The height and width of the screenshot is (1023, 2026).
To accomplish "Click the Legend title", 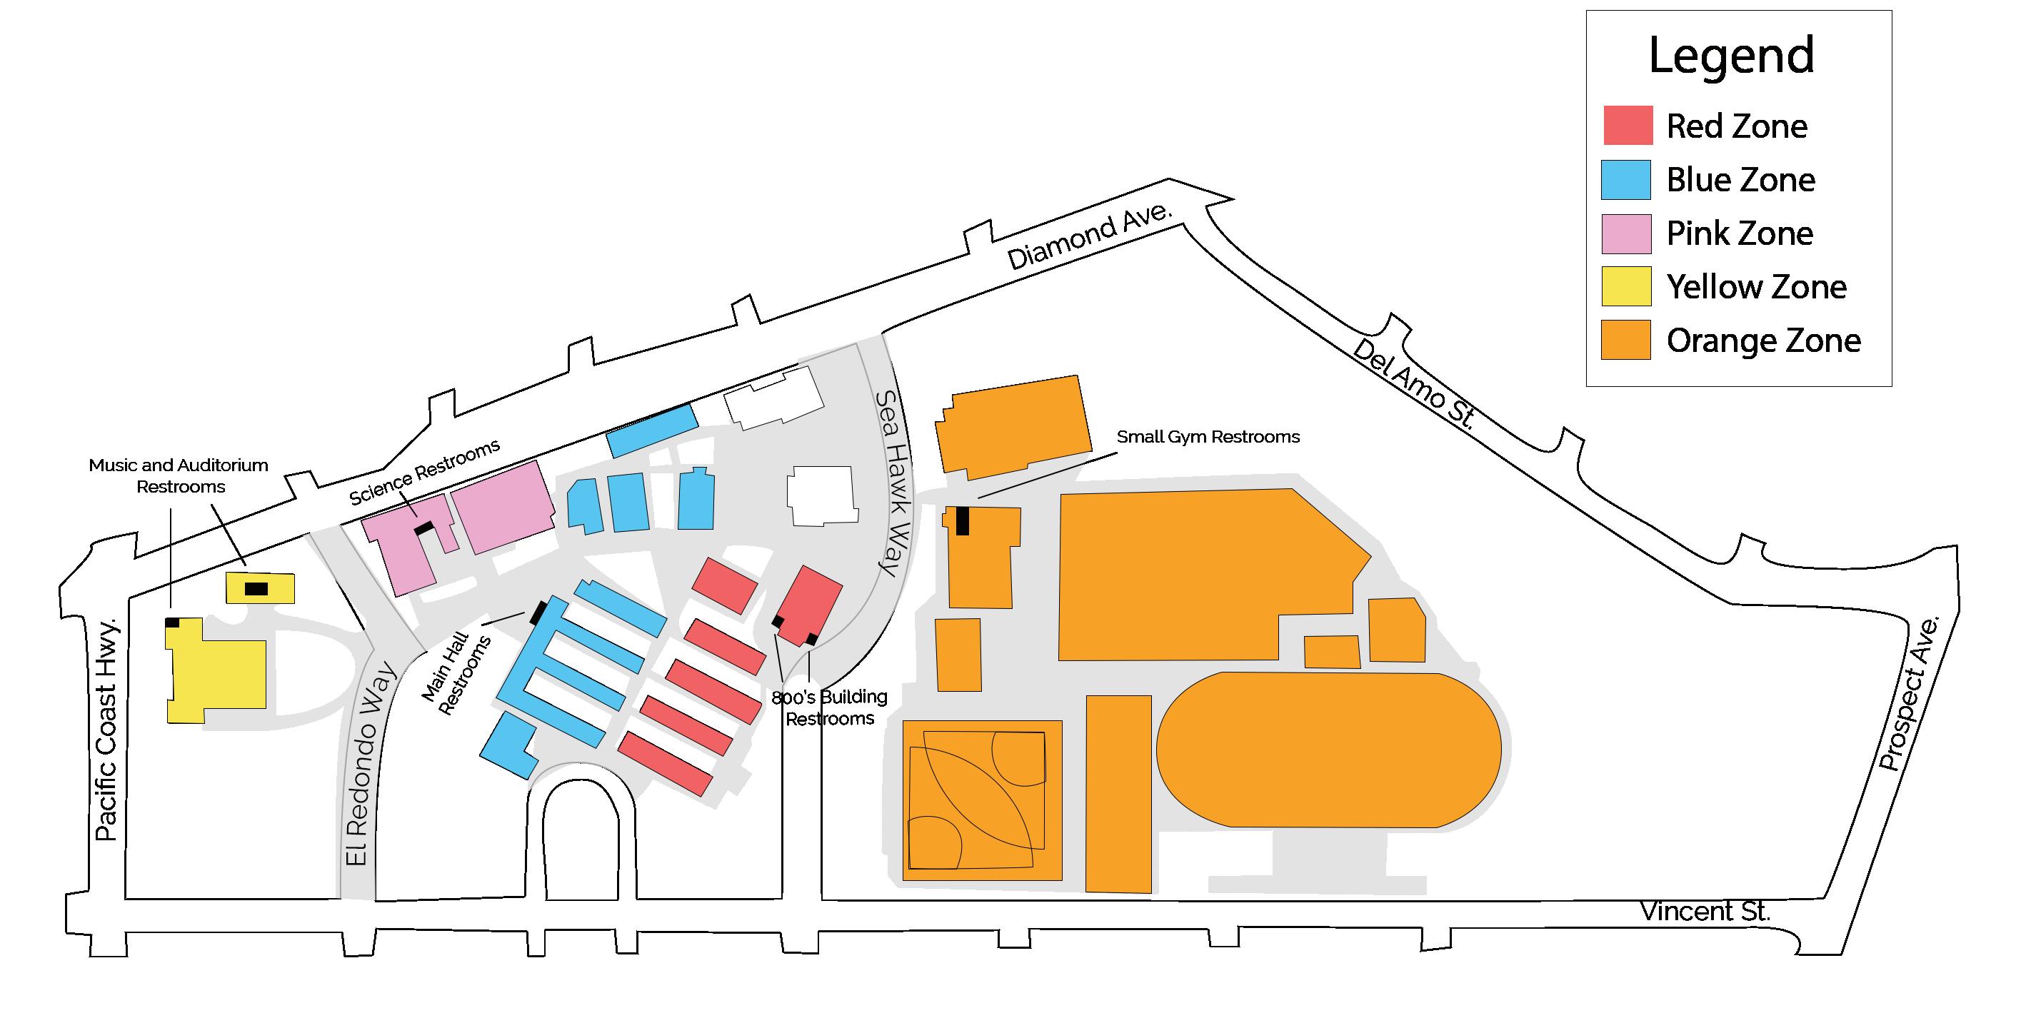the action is pos(1730,55).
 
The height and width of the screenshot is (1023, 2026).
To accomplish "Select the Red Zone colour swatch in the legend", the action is pos(1628,126).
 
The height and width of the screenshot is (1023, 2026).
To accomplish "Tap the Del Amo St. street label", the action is pos(1413,385).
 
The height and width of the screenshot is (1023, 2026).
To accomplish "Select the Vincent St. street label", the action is pos(1705,912).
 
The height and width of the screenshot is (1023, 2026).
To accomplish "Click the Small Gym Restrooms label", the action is pos(1208,437).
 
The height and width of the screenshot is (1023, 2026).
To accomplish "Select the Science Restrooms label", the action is pos(425,472).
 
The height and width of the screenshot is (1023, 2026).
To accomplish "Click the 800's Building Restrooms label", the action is pos(830,707).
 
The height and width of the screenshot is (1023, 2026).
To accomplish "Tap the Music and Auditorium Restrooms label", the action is pos(179,475).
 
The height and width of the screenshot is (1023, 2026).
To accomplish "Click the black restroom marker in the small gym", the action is pos(962,521).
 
